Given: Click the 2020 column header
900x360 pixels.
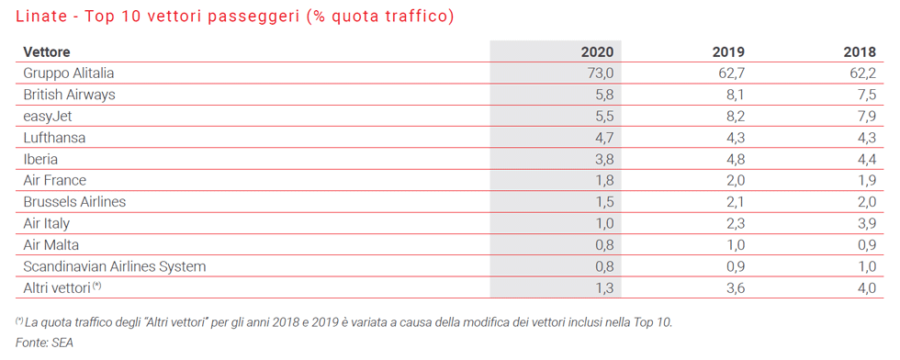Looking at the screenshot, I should (597, 52).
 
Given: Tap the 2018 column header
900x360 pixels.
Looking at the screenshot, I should (860, 52).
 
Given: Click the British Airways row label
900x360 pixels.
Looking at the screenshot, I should (69, 95).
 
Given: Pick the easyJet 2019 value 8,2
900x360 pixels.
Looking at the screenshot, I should (733, 116).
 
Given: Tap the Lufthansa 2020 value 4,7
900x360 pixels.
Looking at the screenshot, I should (603, 137).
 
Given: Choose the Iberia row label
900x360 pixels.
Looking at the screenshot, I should (40, 159).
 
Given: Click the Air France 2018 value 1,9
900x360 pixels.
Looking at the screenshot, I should (864, 180).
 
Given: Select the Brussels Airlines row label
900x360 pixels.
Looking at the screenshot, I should (74, 201).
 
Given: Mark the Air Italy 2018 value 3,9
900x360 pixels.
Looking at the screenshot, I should (864, 223).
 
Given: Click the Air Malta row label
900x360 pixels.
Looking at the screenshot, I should (51, 244).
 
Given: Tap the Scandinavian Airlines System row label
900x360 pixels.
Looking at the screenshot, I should (114, 266).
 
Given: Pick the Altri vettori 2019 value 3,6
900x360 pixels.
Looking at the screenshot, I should (733, 287).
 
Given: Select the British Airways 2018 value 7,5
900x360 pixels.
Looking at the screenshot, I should (864, 95).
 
